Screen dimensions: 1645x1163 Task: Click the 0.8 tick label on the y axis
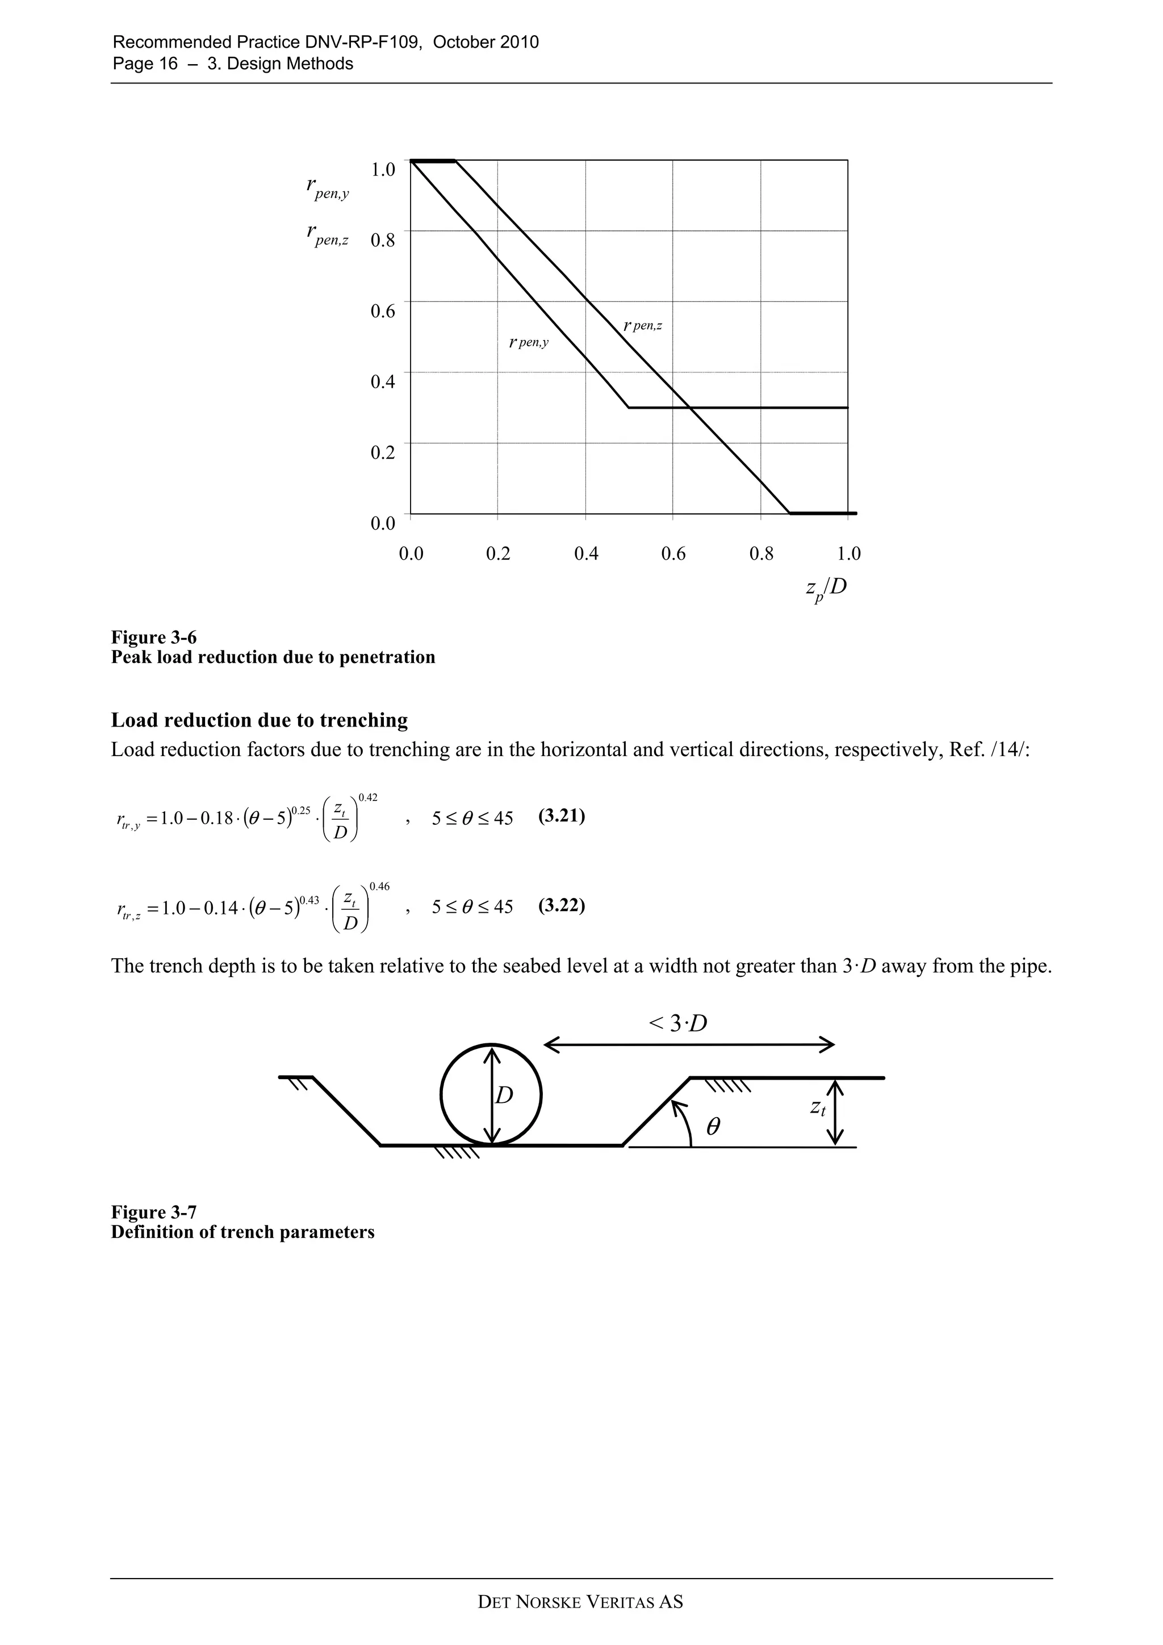click(x=383, y=240)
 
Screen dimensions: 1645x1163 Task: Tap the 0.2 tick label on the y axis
click(x=383, y=453)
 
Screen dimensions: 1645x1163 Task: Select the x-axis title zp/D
click(x=826, y=588)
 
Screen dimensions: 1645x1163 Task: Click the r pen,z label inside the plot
click(x=643, y=326)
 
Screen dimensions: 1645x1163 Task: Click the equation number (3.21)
click(x=562, y=817)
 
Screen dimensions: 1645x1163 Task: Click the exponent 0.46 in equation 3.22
click(x=379, y=887)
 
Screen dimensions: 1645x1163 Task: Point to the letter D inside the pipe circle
click(x=504, y=1096)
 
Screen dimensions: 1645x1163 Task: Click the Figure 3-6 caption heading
click(x=154, y=637)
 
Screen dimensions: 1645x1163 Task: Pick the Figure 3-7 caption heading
click(x=154, y=1211)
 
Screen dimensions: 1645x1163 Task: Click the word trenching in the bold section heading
click(x=363, y=720)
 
